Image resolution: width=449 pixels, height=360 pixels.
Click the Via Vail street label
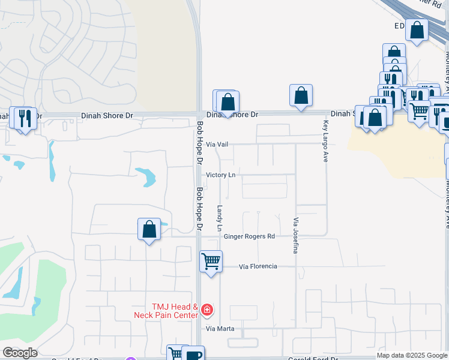[x=218, y=145]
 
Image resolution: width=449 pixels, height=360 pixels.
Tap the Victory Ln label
[x=220, y=175]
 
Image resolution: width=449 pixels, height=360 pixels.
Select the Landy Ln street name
[x=220, y=219]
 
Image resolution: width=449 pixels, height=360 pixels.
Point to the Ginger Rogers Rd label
[x=249, y=236]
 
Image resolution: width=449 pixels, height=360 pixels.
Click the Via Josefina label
[x=295, y=235]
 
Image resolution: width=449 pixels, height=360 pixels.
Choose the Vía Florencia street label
[x=258, y=266]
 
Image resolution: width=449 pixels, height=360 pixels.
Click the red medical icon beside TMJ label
[x=207, y=310]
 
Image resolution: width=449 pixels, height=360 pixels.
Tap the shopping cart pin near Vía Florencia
[x=211, y=262]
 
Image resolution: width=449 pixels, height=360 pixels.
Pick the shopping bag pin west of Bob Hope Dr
[x=149, y=229]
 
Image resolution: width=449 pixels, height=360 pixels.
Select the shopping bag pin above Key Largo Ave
[x=301, y=95]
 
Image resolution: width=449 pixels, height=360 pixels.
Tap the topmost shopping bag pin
[x=416, y=30]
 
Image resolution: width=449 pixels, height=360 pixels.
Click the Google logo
[x=20, y=353]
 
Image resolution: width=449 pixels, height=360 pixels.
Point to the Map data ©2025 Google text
[x=412, y=355]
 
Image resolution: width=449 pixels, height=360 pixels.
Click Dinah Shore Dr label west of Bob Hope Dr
[x=107, y=115]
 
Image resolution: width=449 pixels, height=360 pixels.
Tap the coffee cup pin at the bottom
[x=193, y=355]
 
